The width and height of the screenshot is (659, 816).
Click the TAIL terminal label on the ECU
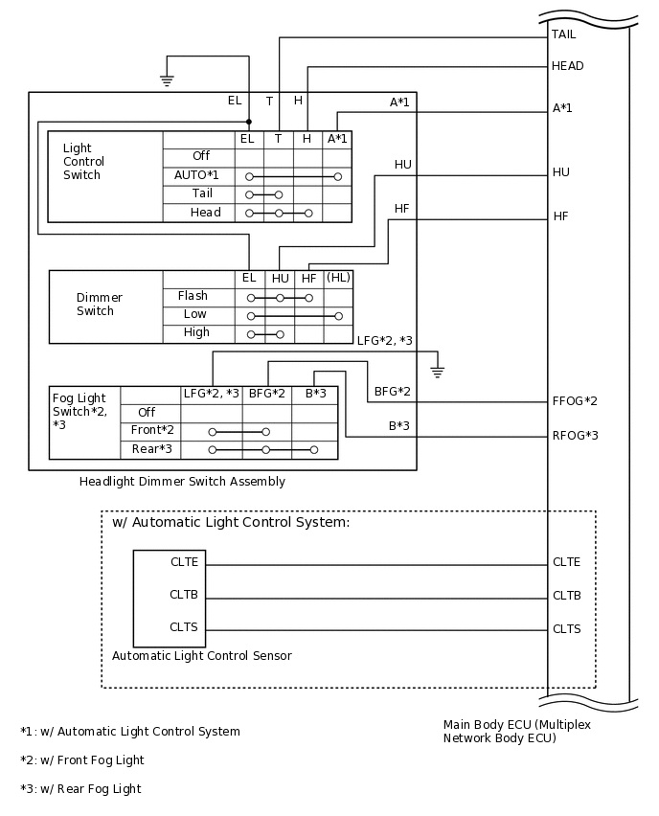coord(563,34)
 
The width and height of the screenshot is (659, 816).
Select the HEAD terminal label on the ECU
coord(567,66)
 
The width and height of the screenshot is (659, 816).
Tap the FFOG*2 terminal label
coord(575,401)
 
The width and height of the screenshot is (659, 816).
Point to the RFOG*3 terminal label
coord(575,436)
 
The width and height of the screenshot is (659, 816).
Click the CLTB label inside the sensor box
coord(184,595)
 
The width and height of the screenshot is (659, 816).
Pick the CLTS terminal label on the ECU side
coord(566,629)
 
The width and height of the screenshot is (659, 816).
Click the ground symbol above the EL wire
coord(167,80)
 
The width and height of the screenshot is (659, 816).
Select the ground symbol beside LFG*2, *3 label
coord(437,368)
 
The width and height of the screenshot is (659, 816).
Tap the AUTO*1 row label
coord(196,175)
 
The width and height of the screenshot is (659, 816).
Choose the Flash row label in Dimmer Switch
coord(193,296)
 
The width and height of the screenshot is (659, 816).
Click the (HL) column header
coord(338,278)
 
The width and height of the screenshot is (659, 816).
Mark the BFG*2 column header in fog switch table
coord(267,394)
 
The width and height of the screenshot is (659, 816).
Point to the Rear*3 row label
coord(151,448)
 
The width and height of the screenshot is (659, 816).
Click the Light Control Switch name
coord(82,162)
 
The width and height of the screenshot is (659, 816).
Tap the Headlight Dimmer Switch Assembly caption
coord(182,482)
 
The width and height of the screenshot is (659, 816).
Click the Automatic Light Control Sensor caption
coord(201,656)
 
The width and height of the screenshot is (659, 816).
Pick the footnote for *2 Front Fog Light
coord(81,760)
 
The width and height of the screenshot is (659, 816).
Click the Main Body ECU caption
coord(516,732)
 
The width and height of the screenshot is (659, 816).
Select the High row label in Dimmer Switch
coord(196,332)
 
